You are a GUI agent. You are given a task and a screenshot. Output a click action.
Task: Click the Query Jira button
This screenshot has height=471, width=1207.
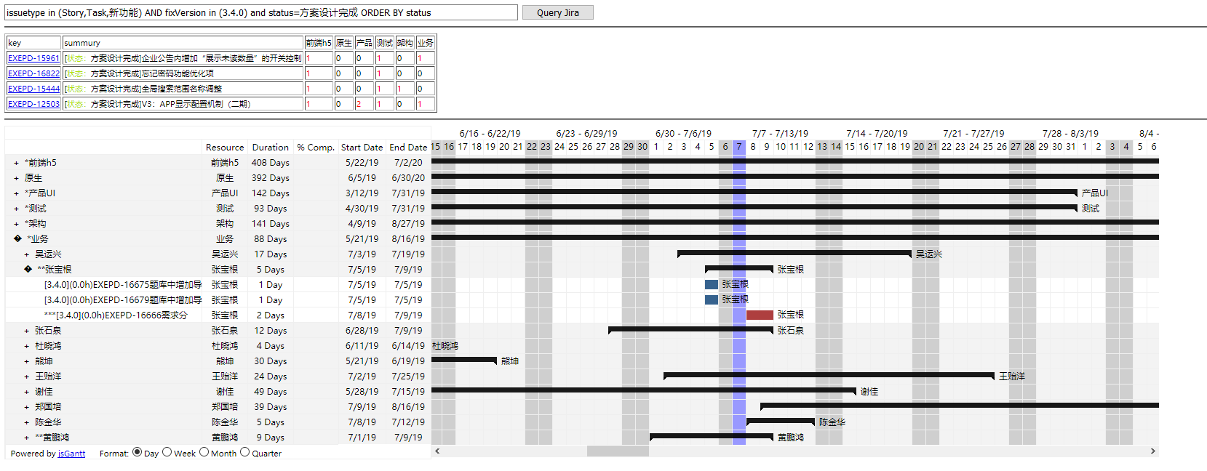coord(557,12)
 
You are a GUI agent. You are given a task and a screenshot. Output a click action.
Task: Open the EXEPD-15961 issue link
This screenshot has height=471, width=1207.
coord(33,58)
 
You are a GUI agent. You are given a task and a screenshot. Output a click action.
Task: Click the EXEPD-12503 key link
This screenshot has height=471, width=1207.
coord(33,104)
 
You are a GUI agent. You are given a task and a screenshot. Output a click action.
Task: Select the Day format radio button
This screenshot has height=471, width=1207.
coord(137,452)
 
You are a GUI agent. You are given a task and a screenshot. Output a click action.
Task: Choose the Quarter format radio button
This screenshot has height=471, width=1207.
coord(244,452)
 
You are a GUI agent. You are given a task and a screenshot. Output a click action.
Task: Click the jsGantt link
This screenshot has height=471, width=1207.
coord(71,454)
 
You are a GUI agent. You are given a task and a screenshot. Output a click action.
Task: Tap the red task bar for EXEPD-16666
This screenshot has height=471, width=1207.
coord(760,315)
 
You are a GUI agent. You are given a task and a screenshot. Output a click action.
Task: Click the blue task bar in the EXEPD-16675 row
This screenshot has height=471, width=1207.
coord(712,284)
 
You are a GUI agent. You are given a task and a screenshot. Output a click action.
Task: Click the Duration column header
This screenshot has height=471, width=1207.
coord(270,147)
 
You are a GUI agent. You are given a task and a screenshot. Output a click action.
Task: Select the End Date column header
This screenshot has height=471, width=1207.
coord(408,147)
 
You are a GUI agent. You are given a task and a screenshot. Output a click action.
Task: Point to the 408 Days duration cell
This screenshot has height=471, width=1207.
coord(270,163)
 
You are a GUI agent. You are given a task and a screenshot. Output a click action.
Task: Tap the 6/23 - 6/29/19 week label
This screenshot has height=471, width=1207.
coord(586,133)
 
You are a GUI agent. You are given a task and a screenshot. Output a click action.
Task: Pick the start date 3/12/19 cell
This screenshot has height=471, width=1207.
coord(362,193)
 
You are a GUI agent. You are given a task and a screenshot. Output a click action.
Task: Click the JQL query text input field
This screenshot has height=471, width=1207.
coord(261,12)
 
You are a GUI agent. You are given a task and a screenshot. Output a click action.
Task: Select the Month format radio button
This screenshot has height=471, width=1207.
coord(204,452)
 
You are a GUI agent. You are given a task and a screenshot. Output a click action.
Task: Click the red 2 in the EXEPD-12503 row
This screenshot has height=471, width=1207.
coord(359,104)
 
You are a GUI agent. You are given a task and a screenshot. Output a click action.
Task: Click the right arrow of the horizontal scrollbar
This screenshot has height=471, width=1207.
coord(1152,451)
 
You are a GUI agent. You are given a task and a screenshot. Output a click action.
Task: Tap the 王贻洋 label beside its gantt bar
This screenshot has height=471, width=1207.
coord(1011,377)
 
